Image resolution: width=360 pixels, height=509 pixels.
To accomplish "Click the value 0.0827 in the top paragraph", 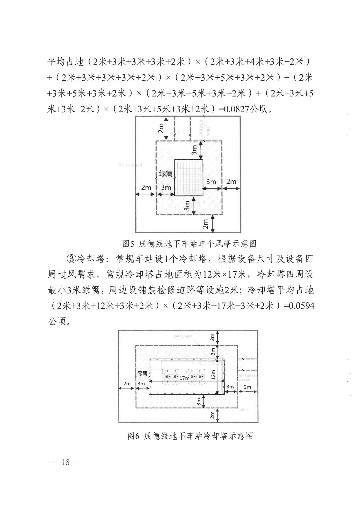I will click(x=236, y=109).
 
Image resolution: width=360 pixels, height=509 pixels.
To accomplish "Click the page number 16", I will click(x=65, y=462).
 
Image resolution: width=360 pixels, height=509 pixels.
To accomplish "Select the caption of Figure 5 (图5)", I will click(x=189, y=244).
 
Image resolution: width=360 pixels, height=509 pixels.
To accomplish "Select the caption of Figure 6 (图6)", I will click(x=190, y=436).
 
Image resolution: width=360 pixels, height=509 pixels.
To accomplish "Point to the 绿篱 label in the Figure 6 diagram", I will click(x=142, y=373).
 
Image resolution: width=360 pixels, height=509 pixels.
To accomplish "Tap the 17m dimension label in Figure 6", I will click(x=184, y=378).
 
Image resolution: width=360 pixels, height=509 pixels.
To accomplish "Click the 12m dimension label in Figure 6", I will click(x=212, y=374).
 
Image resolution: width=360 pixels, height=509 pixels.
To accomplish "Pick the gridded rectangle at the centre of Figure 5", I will click(x=189, y=177).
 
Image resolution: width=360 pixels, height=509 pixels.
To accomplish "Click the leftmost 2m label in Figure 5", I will click(x=146, y=188).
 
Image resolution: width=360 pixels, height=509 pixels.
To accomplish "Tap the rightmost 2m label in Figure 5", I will click(x=231, y=182).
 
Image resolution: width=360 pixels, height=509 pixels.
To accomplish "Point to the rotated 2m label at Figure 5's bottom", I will click(x=205, y=224).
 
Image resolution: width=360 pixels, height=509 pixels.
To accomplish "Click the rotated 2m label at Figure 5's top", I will click(x=161, y=128).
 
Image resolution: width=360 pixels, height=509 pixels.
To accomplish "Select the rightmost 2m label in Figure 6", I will click(x=247, y=387).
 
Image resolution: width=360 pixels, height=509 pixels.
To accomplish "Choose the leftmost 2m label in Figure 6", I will click(x=127, y=384).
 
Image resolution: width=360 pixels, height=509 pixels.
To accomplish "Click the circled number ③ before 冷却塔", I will click(x=72, y=259).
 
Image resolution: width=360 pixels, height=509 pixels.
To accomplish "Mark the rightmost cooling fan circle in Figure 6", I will click(x=201, y=377).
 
